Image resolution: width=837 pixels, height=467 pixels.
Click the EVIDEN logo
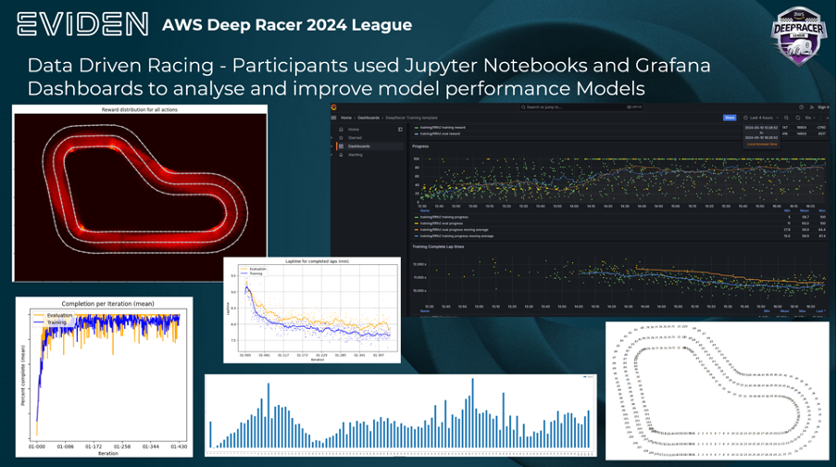(x=81, y=24)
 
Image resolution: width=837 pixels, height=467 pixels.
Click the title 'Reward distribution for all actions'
(x=139, y=110)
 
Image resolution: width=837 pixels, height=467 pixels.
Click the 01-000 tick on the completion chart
(x=37, y=447)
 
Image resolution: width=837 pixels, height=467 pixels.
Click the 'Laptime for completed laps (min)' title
(x=311, y=262)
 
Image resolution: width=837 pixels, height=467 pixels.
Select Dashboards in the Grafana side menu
(x=359, y=146)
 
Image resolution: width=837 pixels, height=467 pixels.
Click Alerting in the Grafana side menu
(x=356, y=155)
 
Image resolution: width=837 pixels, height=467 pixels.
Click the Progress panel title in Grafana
(x=420, y=146)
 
